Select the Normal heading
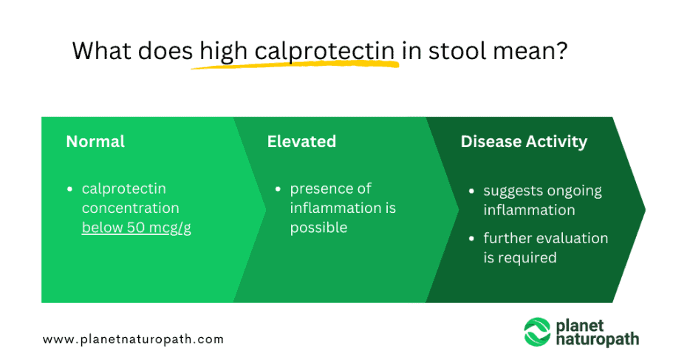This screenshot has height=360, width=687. tap(95, 141)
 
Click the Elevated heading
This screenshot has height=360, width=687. tap(301, 141)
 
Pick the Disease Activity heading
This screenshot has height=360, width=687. tap(524, 141)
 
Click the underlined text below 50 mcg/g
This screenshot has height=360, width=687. tap(137, 228)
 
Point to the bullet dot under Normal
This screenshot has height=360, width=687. tap(70, 190)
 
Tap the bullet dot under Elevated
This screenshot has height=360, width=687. tap(278, 190)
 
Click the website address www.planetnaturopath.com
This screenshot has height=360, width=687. tap(133, 339)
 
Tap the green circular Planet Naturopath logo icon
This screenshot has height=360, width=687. tap(537, 332)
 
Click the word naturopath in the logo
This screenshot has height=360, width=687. tap(598, 340)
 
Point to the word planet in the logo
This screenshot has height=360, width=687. tap(584, 325)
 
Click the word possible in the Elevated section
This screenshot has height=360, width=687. tap(318, 228)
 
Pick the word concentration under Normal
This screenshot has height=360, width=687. tap(130, 208)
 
